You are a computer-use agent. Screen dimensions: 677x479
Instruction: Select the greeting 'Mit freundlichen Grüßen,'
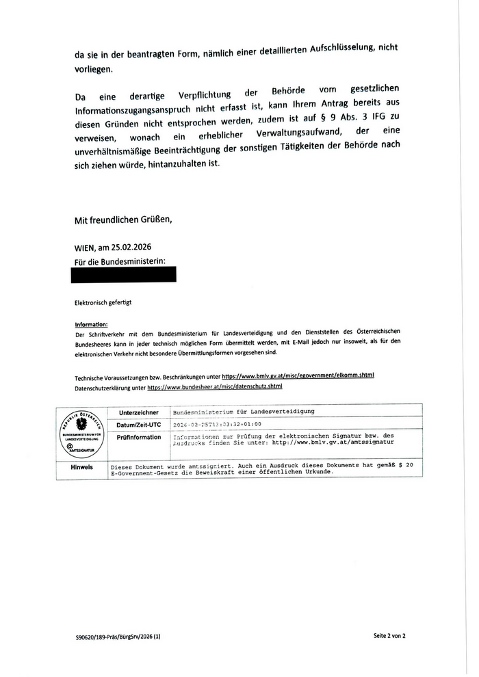[x=123, y=220]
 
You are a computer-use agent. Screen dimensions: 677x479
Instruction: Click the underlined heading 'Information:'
[x=91, y=325]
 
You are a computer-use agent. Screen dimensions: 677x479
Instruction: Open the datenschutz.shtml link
[x=215, y=387]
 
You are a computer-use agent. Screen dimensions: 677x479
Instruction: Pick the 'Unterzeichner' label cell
[x=138, y=412]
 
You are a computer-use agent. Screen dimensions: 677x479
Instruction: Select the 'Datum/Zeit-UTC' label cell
[x=138, y=425]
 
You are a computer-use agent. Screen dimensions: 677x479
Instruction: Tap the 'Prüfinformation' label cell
[x=138, y=436]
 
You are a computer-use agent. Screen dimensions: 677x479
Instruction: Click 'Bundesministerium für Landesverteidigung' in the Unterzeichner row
[x=244, y=412]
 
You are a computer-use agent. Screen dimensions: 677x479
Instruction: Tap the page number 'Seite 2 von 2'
[x=389, y=636]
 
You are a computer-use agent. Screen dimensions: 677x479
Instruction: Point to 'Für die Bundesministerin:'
[x=120, y=262]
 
